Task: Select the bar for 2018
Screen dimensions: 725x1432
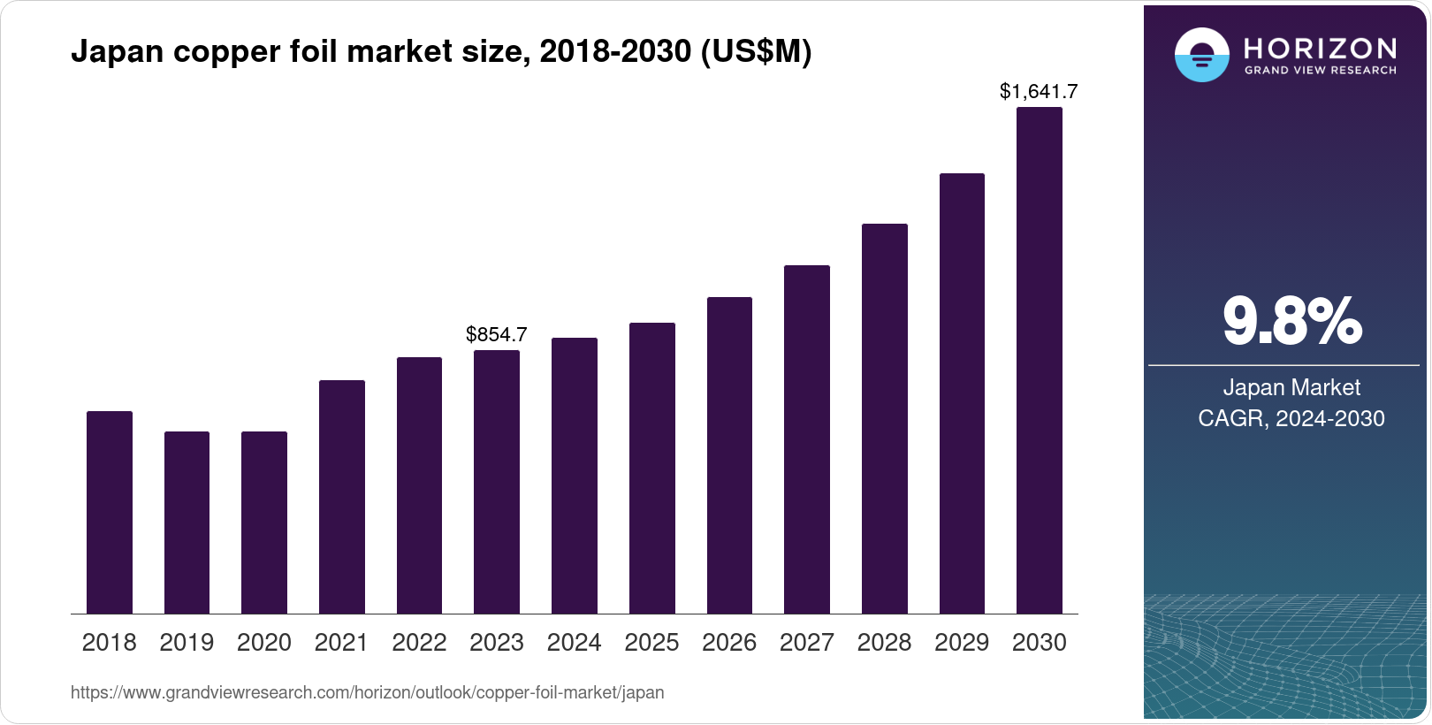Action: coord(110,513)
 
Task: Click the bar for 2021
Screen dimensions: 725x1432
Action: coord(341,497)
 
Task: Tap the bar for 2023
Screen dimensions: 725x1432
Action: coord(497,482)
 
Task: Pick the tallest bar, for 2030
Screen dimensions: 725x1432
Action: coord(1040,361)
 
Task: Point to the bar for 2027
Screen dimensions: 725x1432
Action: coord(806,439)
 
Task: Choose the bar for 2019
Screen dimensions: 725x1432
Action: coord(187,523)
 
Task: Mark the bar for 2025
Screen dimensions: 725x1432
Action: coord(651,469)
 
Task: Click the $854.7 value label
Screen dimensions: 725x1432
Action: coord(497,334)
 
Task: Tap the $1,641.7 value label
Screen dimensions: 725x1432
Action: coord(1039,91)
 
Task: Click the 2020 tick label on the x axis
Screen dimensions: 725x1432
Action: coord(264,643)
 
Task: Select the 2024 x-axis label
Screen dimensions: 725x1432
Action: coord(574,643)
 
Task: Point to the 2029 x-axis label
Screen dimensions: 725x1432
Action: coord(962,643)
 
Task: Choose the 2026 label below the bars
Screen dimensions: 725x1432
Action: coord(729,643)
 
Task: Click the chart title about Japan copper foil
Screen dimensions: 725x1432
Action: coord(441,51)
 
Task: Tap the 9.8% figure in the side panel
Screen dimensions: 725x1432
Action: coord(1291,321)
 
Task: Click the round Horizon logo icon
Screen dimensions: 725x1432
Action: coord(1201,55)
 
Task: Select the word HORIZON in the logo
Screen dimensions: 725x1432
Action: coord(1320,48)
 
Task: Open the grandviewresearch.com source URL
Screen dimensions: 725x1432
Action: coord(367,692)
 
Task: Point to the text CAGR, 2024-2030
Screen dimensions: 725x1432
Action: coord(1291,418)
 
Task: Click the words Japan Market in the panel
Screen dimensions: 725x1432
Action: coord(1291,387)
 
